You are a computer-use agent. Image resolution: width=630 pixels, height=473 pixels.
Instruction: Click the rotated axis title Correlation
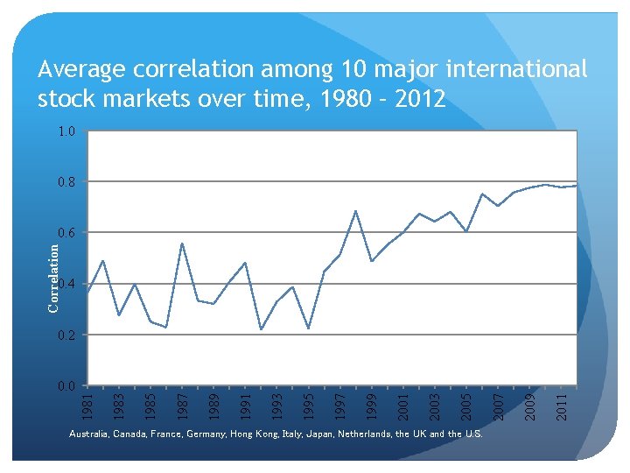click(53, 278)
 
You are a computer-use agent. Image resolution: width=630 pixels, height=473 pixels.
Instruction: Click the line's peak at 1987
click(182, 244)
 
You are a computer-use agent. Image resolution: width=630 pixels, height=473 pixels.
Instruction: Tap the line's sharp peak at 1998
click(356, 211)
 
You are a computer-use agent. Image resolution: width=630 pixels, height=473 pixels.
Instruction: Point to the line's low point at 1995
click(308, 328)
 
